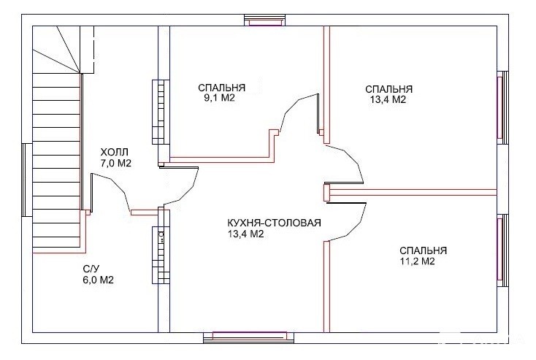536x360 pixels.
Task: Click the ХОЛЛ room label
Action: (114, 152)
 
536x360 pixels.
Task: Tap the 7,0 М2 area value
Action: (116, 163)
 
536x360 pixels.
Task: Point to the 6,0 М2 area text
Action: (98, 280)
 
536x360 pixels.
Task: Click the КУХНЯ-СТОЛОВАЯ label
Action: (274, 223)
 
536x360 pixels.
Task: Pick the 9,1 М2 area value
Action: (219, 99)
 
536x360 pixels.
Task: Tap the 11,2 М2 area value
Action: (417, 261)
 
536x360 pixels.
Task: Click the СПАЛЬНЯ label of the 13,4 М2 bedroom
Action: (389, 89)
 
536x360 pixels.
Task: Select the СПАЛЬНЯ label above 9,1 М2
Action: (222, 88)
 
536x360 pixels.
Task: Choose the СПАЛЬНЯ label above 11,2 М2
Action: (424, 250)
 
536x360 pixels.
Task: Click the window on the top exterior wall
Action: (264, 20)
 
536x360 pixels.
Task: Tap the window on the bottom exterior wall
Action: (248, 337)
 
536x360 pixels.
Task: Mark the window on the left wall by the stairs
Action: (27, 180)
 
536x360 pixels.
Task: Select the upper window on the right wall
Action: (502, 107)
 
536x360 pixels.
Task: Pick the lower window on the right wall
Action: (502, 250)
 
